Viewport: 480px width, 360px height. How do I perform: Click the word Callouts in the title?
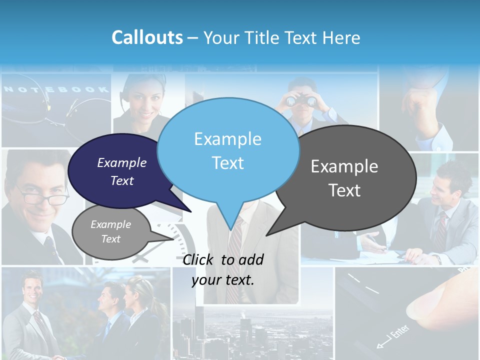tap(147, 37)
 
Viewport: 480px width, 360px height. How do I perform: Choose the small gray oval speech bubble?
tap(110, 231)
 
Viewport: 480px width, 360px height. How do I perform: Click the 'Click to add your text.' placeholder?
tap(223, 269)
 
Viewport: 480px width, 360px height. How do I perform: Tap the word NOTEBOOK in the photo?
tap(56, 89)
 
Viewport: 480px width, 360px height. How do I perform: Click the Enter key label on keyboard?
tap(395, 334)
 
